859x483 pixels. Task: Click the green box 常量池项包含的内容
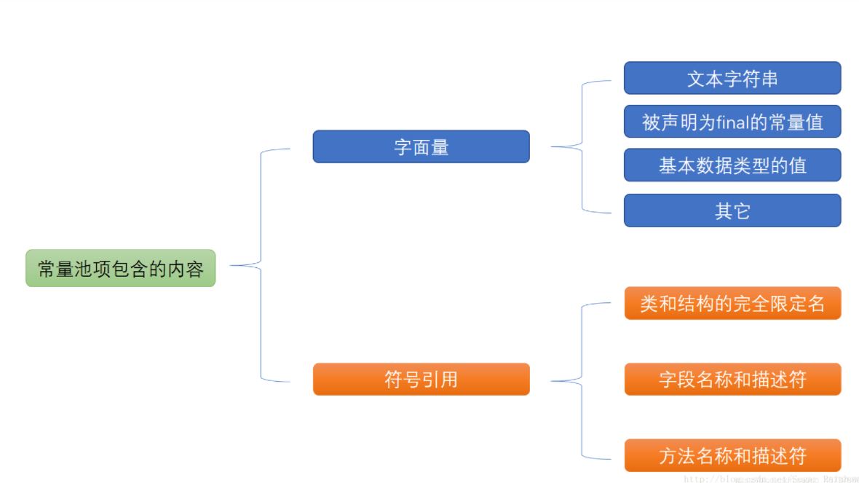pos(121,268)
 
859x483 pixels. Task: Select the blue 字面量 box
pos(421,146)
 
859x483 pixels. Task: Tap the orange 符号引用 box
pos(421,379)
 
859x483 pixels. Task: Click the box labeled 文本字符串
pos(732,78)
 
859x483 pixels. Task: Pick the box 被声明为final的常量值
pos(732,122)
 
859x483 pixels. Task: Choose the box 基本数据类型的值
pos(732,165)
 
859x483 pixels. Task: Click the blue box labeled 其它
pos(732,211)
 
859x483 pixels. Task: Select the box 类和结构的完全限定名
pos(732,303)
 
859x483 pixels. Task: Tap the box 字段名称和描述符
pos(732,379)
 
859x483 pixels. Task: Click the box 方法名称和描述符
pos(732,455)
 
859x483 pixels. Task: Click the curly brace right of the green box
pos(260,265)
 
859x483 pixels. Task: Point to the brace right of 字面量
pos(582,146)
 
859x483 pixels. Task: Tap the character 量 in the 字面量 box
pos(440,147)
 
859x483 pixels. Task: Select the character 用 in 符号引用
pos(448,380)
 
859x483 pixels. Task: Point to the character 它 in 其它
pos(742,211)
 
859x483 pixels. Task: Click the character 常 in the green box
pos(46,269)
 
